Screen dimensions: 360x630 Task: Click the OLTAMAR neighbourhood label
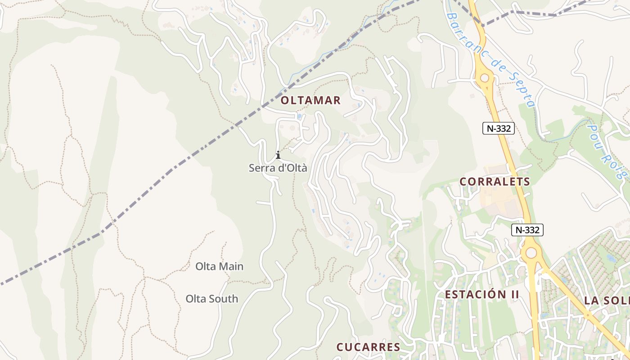[310, 100]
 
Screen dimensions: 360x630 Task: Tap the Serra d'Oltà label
[278, 168]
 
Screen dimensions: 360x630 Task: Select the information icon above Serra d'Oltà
[278, 155]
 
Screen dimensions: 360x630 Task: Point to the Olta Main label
[219, 266]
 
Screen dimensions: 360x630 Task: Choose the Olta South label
[211, 299]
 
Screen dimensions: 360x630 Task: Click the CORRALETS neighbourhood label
[495, 182]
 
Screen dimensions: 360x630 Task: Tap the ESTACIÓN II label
[482, 295]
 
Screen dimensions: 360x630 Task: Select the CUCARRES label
[368, 347]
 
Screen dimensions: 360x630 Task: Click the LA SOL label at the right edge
[607, 301]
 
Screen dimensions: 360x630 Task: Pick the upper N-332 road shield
[499, 128]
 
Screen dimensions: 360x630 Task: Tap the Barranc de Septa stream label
[490, 58]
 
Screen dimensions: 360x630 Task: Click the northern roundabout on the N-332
[485, 78]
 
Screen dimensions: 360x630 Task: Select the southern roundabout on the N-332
[531, 253]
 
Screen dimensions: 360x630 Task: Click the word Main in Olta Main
[231, 266]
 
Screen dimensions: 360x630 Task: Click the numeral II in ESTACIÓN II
[514, 295]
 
